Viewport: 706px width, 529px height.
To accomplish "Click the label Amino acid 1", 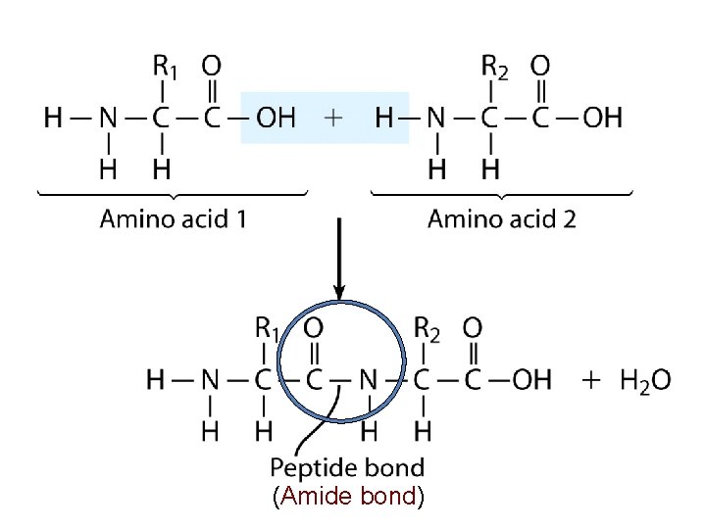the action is tap(173, 218).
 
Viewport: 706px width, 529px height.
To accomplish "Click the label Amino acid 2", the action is tap(502, 218).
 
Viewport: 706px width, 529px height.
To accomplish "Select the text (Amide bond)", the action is tap(348, 497).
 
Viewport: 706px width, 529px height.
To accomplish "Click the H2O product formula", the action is tap(645, 379).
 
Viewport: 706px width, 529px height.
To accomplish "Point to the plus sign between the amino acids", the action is tap(333, 119).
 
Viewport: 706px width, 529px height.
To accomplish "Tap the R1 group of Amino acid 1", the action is tap(165, 68).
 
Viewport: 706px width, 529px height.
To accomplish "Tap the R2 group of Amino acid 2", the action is tap(494, 68).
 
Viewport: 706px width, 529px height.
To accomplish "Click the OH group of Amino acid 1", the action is tap(275, 119).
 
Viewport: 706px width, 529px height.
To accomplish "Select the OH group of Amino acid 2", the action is tap(602, 119).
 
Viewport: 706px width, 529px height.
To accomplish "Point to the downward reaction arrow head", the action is tap(338, 290).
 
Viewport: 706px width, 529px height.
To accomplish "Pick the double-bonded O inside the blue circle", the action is tap(314, 327).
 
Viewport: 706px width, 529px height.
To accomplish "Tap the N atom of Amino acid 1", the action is tap(107, 119).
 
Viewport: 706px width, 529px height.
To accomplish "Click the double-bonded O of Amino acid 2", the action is tap(540, 67).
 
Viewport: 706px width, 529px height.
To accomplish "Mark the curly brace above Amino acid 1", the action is tap(173, 192).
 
